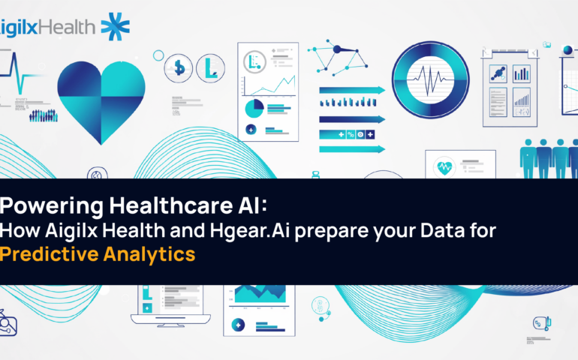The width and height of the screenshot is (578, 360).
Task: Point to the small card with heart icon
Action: pyautogui.click(x=460, y=163)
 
